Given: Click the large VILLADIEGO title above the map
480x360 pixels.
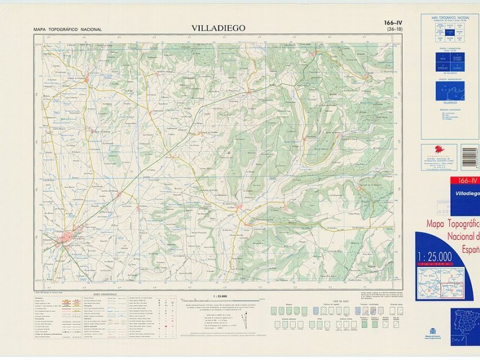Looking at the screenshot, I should [x=218, y=28].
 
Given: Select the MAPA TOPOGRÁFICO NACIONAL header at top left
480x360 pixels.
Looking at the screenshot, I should [x=68, y=29].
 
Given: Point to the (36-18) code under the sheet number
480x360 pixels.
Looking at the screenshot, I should [x=395, y=29].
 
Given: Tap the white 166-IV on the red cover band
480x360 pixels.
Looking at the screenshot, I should [x=467, y=181].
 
